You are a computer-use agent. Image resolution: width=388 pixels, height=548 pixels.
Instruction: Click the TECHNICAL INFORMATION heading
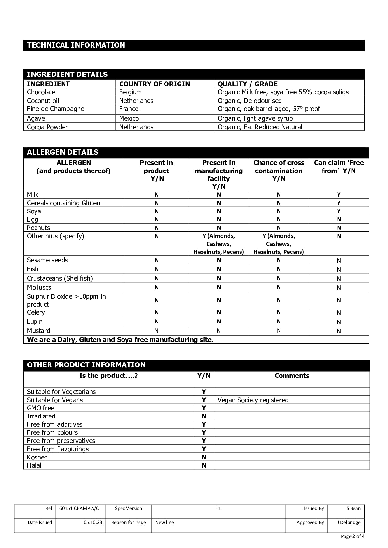pyautogui.click(x=76, y=45)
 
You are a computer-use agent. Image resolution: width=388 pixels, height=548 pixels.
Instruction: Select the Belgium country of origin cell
pyautogui.click(x=130, y=92)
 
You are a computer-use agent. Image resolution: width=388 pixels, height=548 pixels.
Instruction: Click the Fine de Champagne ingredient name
pyautogui.click(x=55, y=109)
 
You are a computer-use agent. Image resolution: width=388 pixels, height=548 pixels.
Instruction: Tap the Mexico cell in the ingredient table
pyautogui.click(x=129, y=118)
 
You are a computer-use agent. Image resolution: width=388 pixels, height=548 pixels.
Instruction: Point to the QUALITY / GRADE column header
pyautogui.click(x=247, y=84)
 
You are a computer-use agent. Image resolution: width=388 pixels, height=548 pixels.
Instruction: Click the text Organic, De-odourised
pyautogui.click(x=250, y=101)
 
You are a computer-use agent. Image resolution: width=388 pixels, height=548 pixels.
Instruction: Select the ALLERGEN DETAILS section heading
pyautogui.click(x=63, y=152)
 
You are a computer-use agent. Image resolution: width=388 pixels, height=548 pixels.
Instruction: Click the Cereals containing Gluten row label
pyautogui.click(x=64, y=203)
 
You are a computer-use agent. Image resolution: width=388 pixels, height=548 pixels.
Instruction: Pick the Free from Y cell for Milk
pyautogui.click(x=339, y=195)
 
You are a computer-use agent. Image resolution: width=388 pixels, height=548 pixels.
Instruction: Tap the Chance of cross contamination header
pyautogui.click(x=279, y=171)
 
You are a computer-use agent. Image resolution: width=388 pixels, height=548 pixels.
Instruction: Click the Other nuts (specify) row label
pyautogui.click(x=55, y=236)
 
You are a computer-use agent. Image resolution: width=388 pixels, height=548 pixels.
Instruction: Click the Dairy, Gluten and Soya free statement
pyautogui.click(x=120, y=340)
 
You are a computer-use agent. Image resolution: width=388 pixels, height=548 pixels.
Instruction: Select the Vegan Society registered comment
pyautogui.click(x=253, y=400)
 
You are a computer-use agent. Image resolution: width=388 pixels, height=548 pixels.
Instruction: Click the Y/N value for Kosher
pyautogui.click(x=204, y=457)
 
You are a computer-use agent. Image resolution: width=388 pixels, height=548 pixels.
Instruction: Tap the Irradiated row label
pyautogui.click(x=41, y=416)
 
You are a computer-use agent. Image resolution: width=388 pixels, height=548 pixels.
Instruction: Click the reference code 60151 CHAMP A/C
pyautogui.click(x=79, y=508)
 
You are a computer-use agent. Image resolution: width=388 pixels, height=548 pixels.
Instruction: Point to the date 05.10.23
pyautogui.click(x=93, y=522)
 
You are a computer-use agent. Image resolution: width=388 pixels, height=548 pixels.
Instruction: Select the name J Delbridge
pyautogui.click(x=349, y=522)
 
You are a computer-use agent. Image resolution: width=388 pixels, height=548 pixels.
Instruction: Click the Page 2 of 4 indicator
pyautogui.click(x=352, y=536)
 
